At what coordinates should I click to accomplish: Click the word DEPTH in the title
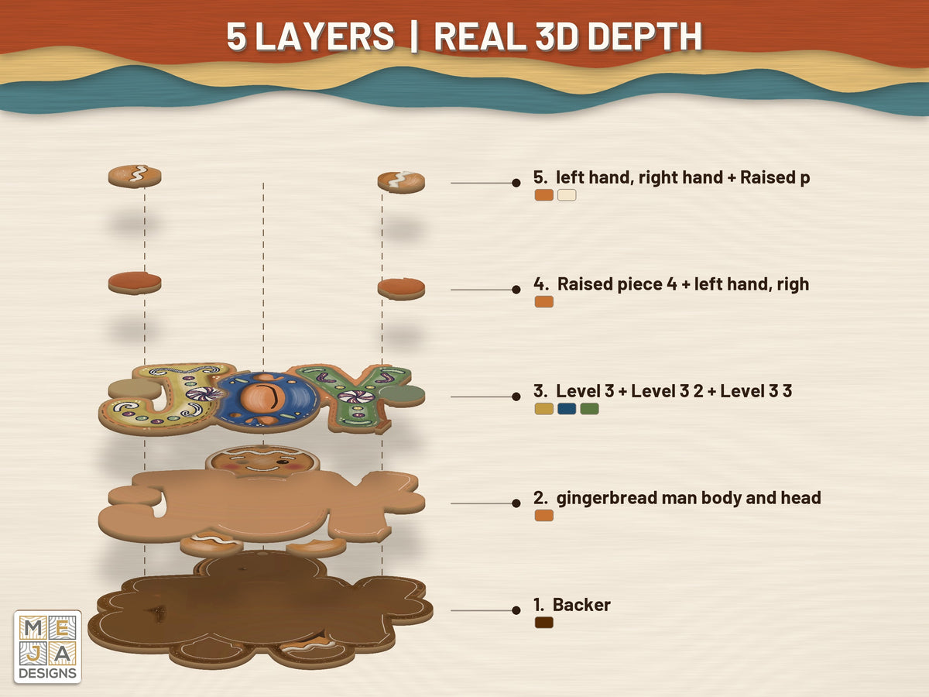click(x=645, y=36)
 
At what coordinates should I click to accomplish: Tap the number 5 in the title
click(x=236, y=36)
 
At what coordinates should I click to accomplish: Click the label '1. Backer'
click(x=572, y=605)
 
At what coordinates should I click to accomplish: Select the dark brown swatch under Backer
click(x=544, y=623)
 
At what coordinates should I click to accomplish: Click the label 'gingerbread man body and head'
click(x=688, y=498)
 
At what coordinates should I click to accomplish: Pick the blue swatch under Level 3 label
click(x=567, y=409)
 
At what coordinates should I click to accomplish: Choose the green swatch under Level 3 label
click(x=590, y=409)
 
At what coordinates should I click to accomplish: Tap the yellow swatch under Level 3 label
click(x=544, y=409)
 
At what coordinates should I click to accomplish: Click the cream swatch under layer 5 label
click(x=567, y=195)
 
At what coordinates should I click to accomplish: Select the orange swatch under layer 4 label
click(x=544, y=302)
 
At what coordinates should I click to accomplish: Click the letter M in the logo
click(x=33, y=628)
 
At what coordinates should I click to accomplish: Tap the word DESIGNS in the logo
click(x=47, y=673)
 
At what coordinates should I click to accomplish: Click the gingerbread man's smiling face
click(x=262, y=462)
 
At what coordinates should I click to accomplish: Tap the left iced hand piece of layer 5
click(x=135, y=176)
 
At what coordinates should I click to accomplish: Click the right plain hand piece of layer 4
click(x=401, y=289)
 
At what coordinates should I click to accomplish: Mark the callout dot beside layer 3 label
click(x=516, y=397)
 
